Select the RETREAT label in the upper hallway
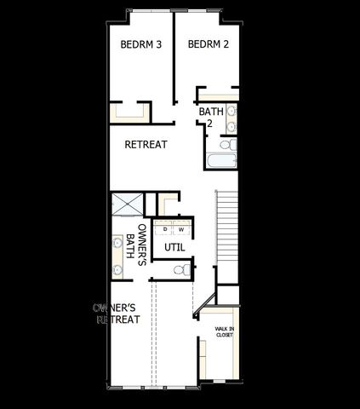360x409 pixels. pos(146,144)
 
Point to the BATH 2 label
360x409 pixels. pos(210,117)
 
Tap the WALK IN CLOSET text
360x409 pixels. pos(224,331)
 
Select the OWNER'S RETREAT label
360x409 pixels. pos(116,313)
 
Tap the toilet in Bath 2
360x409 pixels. pos(227,144)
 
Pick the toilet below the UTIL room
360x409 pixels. pos(181,270)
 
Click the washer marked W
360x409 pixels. pos(181,228)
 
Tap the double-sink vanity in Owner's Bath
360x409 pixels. pos(117,254)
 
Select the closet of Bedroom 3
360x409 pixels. pos(129,112)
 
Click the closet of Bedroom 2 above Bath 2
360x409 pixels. pos(218,93)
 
